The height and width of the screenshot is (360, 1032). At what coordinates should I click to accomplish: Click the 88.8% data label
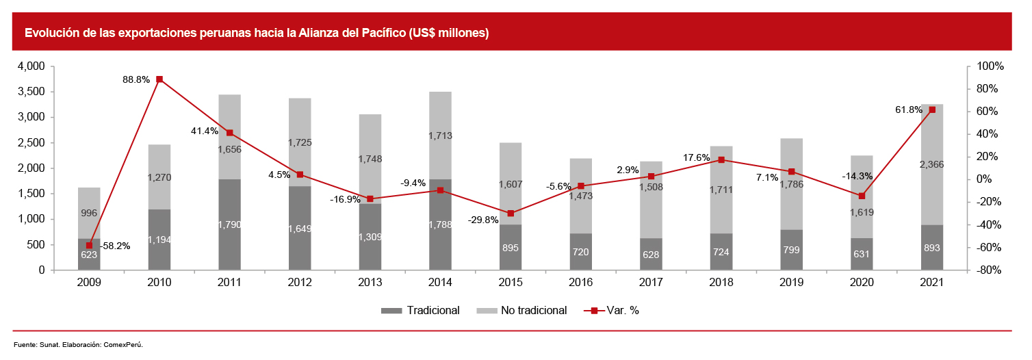point(136,79)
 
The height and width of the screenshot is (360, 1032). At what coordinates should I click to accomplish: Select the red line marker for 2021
point(932,110)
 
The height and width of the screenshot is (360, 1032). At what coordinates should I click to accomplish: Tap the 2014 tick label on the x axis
point(440,283)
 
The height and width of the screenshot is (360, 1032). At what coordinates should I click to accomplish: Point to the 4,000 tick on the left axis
point(31,66)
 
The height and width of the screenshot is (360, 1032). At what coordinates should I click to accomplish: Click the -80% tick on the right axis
point(988,270)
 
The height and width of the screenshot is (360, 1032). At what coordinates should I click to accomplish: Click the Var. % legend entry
point(619,311)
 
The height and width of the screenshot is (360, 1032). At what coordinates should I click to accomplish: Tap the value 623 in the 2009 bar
point(89,255)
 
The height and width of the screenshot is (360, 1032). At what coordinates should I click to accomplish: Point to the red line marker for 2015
point(511,214)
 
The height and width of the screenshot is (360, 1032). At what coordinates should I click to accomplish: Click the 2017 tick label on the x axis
point(651,283)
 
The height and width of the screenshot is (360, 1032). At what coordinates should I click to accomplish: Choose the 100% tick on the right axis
point(990,66)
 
